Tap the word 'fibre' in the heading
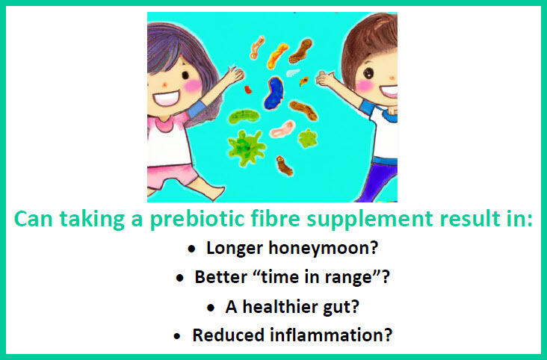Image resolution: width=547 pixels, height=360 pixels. click(x=294, y=222)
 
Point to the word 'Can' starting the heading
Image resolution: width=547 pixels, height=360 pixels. click(x=34, y=222)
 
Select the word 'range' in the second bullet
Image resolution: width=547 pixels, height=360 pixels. click(x=356, y=277)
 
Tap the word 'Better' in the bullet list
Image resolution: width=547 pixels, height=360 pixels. click(x=217, y=277)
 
